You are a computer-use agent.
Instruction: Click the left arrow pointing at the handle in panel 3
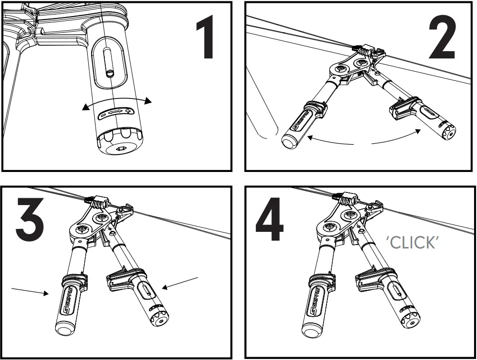coord(29,291)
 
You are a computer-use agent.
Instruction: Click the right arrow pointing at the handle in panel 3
coord(180,283)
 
